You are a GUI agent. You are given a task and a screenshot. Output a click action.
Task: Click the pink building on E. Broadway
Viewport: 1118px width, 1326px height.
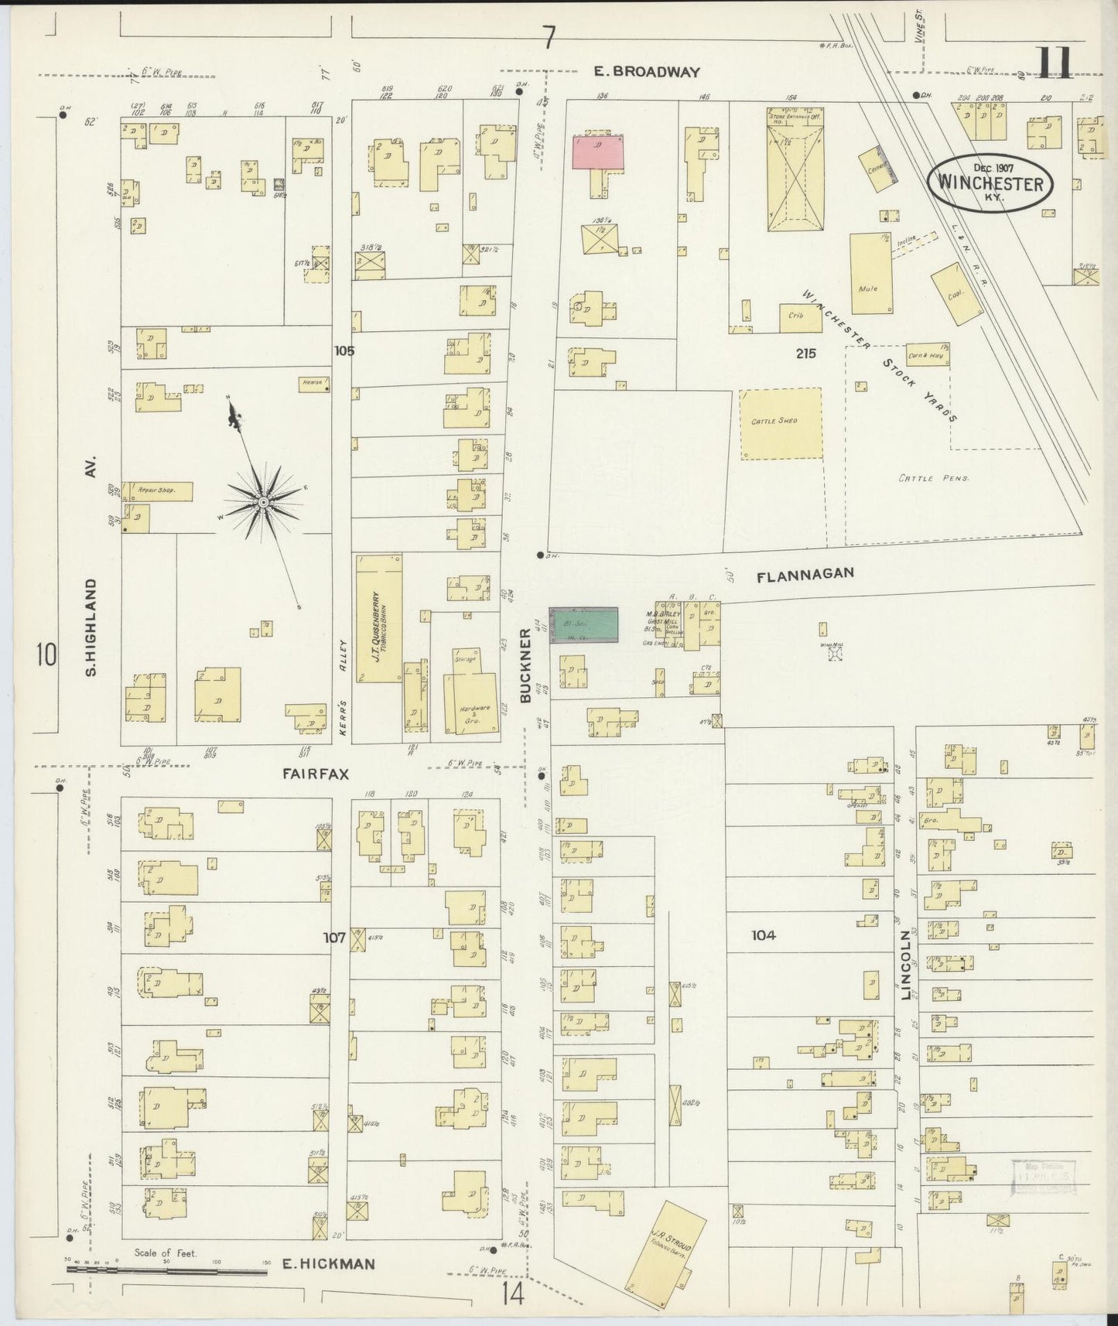598,152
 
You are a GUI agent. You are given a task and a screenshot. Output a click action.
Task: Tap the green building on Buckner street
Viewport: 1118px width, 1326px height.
584,625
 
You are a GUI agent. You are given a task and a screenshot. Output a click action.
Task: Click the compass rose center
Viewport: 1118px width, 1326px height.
264,503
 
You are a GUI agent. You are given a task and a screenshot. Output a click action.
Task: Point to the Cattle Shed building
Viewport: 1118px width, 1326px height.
780,423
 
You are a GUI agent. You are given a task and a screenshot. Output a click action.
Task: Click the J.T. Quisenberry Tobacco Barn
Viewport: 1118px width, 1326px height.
379,617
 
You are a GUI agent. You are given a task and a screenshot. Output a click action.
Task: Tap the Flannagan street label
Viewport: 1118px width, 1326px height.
805,574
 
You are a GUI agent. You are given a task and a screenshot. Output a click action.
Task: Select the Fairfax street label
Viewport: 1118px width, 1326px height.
316,774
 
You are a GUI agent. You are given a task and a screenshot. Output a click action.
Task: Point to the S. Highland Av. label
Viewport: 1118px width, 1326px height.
91,572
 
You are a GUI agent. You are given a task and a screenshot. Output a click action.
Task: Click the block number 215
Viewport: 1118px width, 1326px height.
805,353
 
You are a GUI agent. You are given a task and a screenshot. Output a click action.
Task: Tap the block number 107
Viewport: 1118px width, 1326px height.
334,937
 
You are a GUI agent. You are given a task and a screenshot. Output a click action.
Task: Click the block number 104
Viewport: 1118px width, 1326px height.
763,935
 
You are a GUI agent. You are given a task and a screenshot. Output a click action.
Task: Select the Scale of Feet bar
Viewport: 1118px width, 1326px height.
166,1269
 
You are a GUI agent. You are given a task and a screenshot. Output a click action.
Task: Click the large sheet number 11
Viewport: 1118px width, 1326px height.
1055,63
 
